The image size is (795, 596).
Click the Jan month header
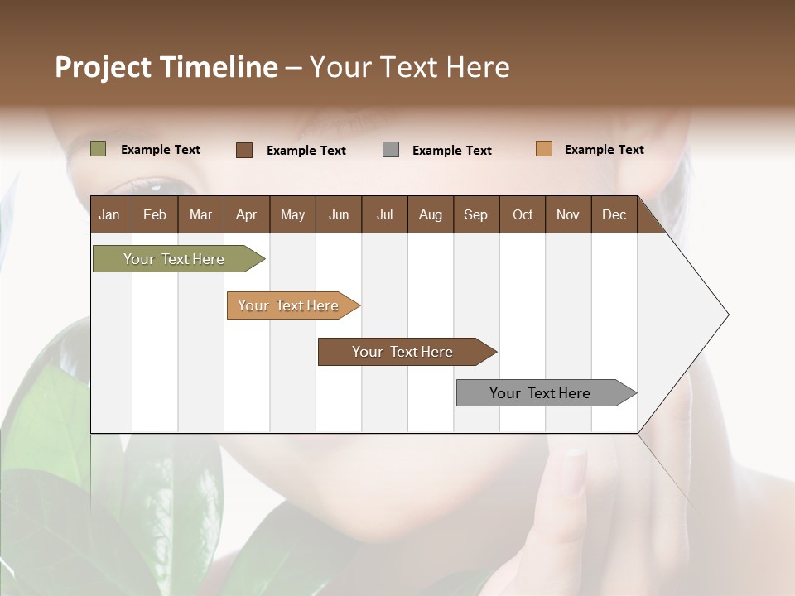pyautogui.click(x=110, y=214)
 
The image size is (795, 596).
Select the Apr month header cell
pyautogui.click(x=247, y=214)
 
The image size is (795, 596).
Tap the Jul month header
pyautogui.click(x=384, y=214)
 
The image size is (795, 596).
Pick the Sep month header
pyautogui.click(x=476, y=214)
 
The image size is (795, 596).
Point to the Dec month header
pyautogui.click(x=614, y=214)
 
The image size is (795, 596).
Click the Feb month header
pyautogui.click(x=155, y=214)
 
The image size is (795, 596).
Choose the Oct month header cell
pyautogui.click(x=523, y=214)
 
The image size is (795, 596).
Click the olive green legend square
pyautogui.click(x=99, y=149)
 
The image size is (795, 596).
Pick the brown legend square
pyautogui.click(x=244, y=150)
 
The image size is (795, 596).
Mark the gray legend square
pyautogui.click(x=391, y=150)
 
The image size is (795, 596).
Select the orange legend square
pyautogui.click(x=544, y=149)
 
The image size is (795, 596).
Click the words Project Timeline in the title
pyautogui.click(x=166, y=67)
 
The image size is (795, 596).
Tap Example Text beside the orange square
pyautogui.click(x=604, y=150)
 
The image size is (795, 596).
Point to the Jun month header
pyautogui.click(x=339, y=214)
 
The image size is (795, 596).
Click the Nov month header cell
pyautogui.click(x=568, y=214)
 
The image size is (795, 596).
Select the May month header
pyautogui.click(x=292, y=214)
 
